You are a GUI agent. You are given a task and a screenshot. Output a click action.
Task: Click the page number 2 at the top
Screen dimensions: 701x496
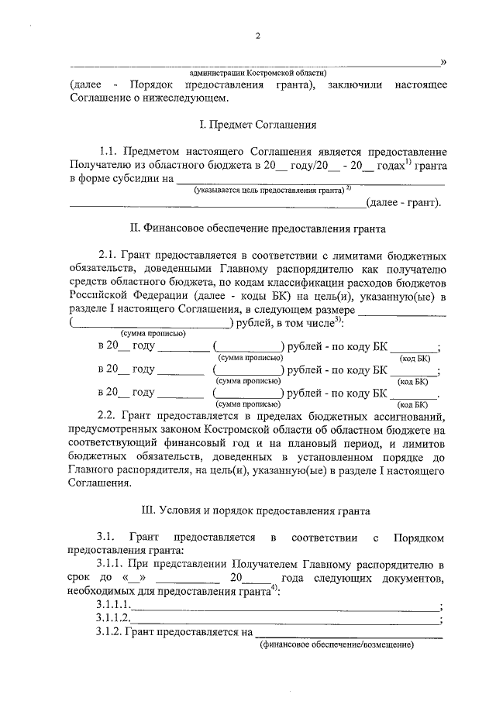pos(258,36)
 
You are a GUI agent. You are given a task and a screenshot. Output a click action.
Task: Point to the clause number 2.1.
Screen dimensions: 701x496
pos(112,255)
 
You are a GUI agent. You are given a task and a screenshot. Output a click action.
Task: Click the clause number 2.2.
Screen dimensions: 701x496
pos(112,416)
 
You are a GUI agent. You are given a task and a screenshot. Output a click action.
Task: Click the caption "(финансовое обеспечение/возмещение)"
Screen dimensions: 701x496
pos(337,645)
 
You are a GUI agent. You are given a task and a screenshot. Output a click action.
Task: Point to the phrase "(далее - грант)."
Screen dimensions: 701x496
pos(405,203)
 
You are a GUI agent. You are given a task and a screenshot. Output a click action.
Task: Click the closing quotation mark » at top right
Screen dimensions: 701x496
pos(443,61)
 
